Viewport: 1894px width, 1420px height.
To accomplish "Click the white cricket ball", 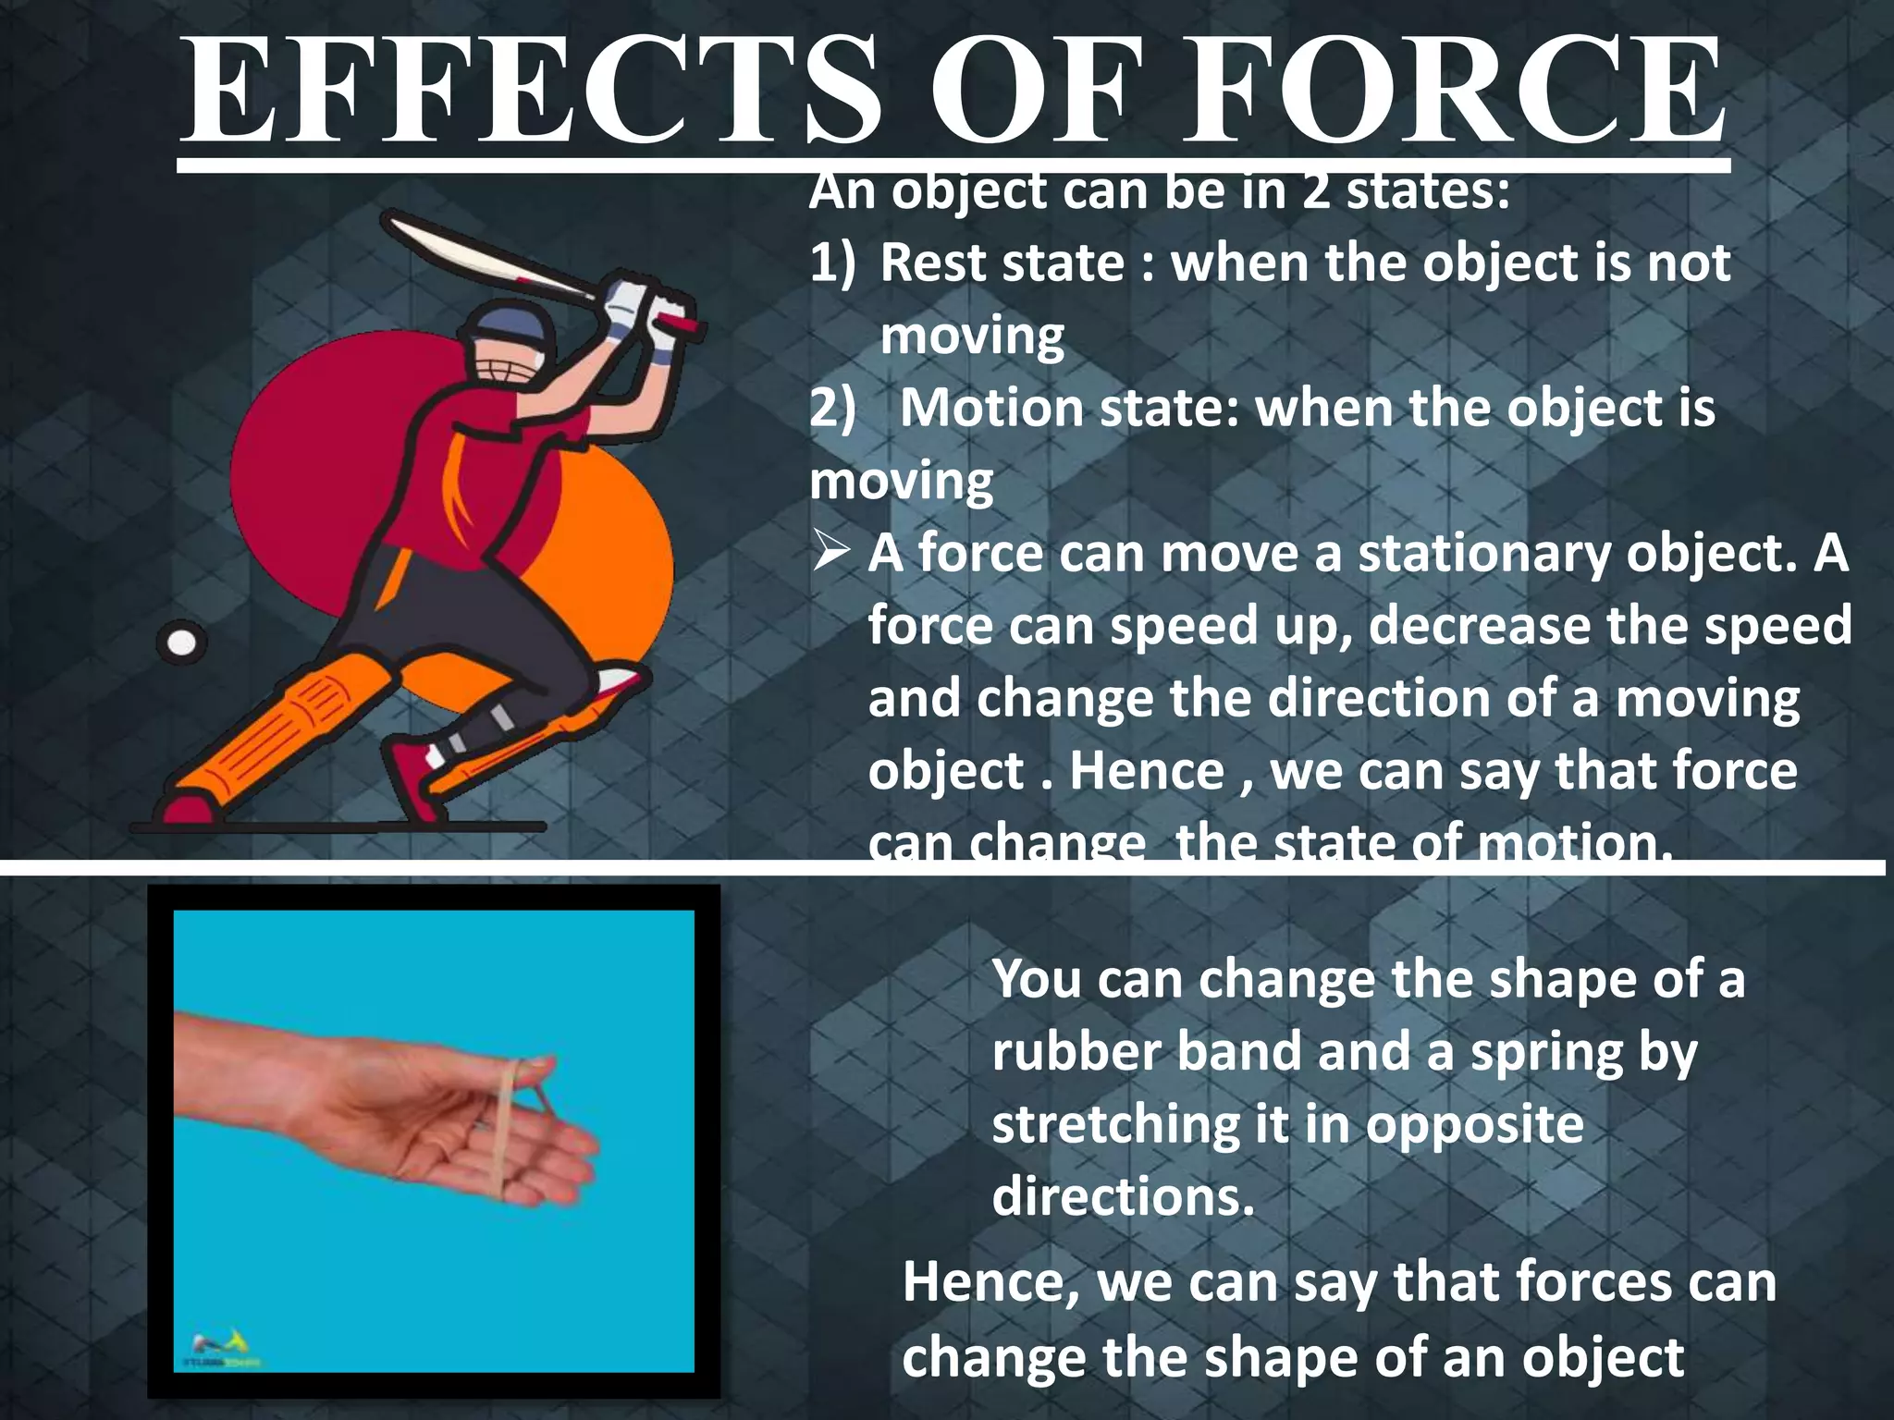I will [182, 643].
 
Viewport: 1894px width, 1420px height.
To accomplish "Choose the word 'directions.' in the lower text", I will [1124, 1198].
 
